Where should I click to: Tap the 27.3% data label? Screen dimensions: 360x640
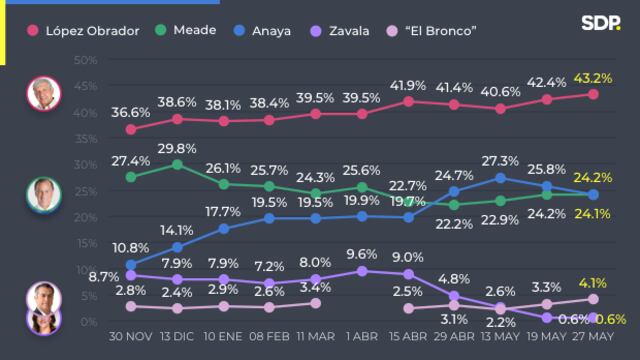point(500,160)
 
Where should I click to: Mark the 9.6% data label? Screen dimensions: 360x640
point(362,253)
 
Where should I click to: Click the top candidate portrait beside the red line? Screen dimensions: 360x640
point(44,93)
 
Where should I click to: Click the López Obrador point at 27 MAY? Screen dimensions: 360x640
point(593,94)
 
